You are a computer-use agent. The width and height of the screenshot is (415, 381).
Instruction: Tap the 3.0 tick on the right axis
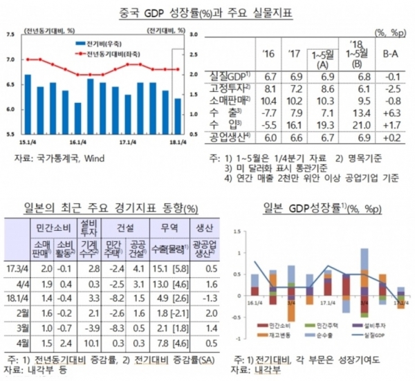pos(194,34)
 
